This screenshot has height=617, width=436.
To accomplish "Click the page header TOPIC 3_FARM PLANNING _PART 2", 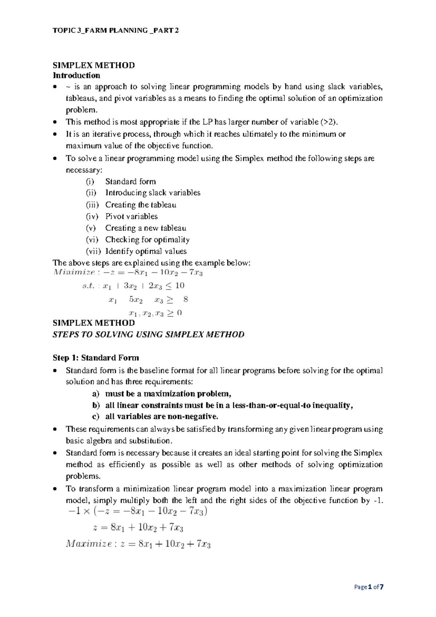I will (116, 31).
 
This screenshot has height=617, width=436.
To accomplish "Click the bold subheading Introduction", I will (76, 76).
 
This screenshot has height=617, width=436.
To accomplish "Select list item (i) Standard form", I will (130, 182).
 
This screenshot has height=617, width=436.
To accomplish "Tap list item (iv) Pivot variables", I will (131, 216).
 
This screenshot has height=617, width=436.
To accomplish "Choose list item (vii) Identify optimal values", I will (146, 251).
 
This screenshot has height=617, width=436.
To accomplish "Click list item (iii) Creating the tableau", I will (141, 205).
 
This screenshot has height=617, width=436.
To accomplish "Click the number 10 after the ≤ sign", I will (180, 286).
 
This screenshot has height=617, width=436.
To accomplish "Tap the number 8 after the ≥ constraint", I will (186, 299).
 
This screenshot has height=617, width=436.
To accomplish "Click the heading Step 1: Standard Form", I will (96, 358).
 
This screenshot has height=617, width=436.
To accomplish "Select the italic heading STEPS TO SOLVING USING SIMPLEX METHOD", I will (148, 335).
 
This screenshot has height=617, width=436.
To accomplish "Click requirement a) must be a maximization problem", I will (168, 394).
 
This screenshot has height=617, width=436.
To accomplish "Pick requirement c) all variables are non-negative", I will (161, 417).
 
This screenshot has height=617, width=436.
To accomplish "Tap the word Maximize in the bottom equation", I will (89, 544).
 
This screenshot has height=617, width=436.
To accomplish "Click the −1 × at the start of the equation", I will (78, 511).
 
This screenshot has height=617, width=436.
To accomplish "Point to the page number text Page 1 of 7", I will (369, 587).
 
